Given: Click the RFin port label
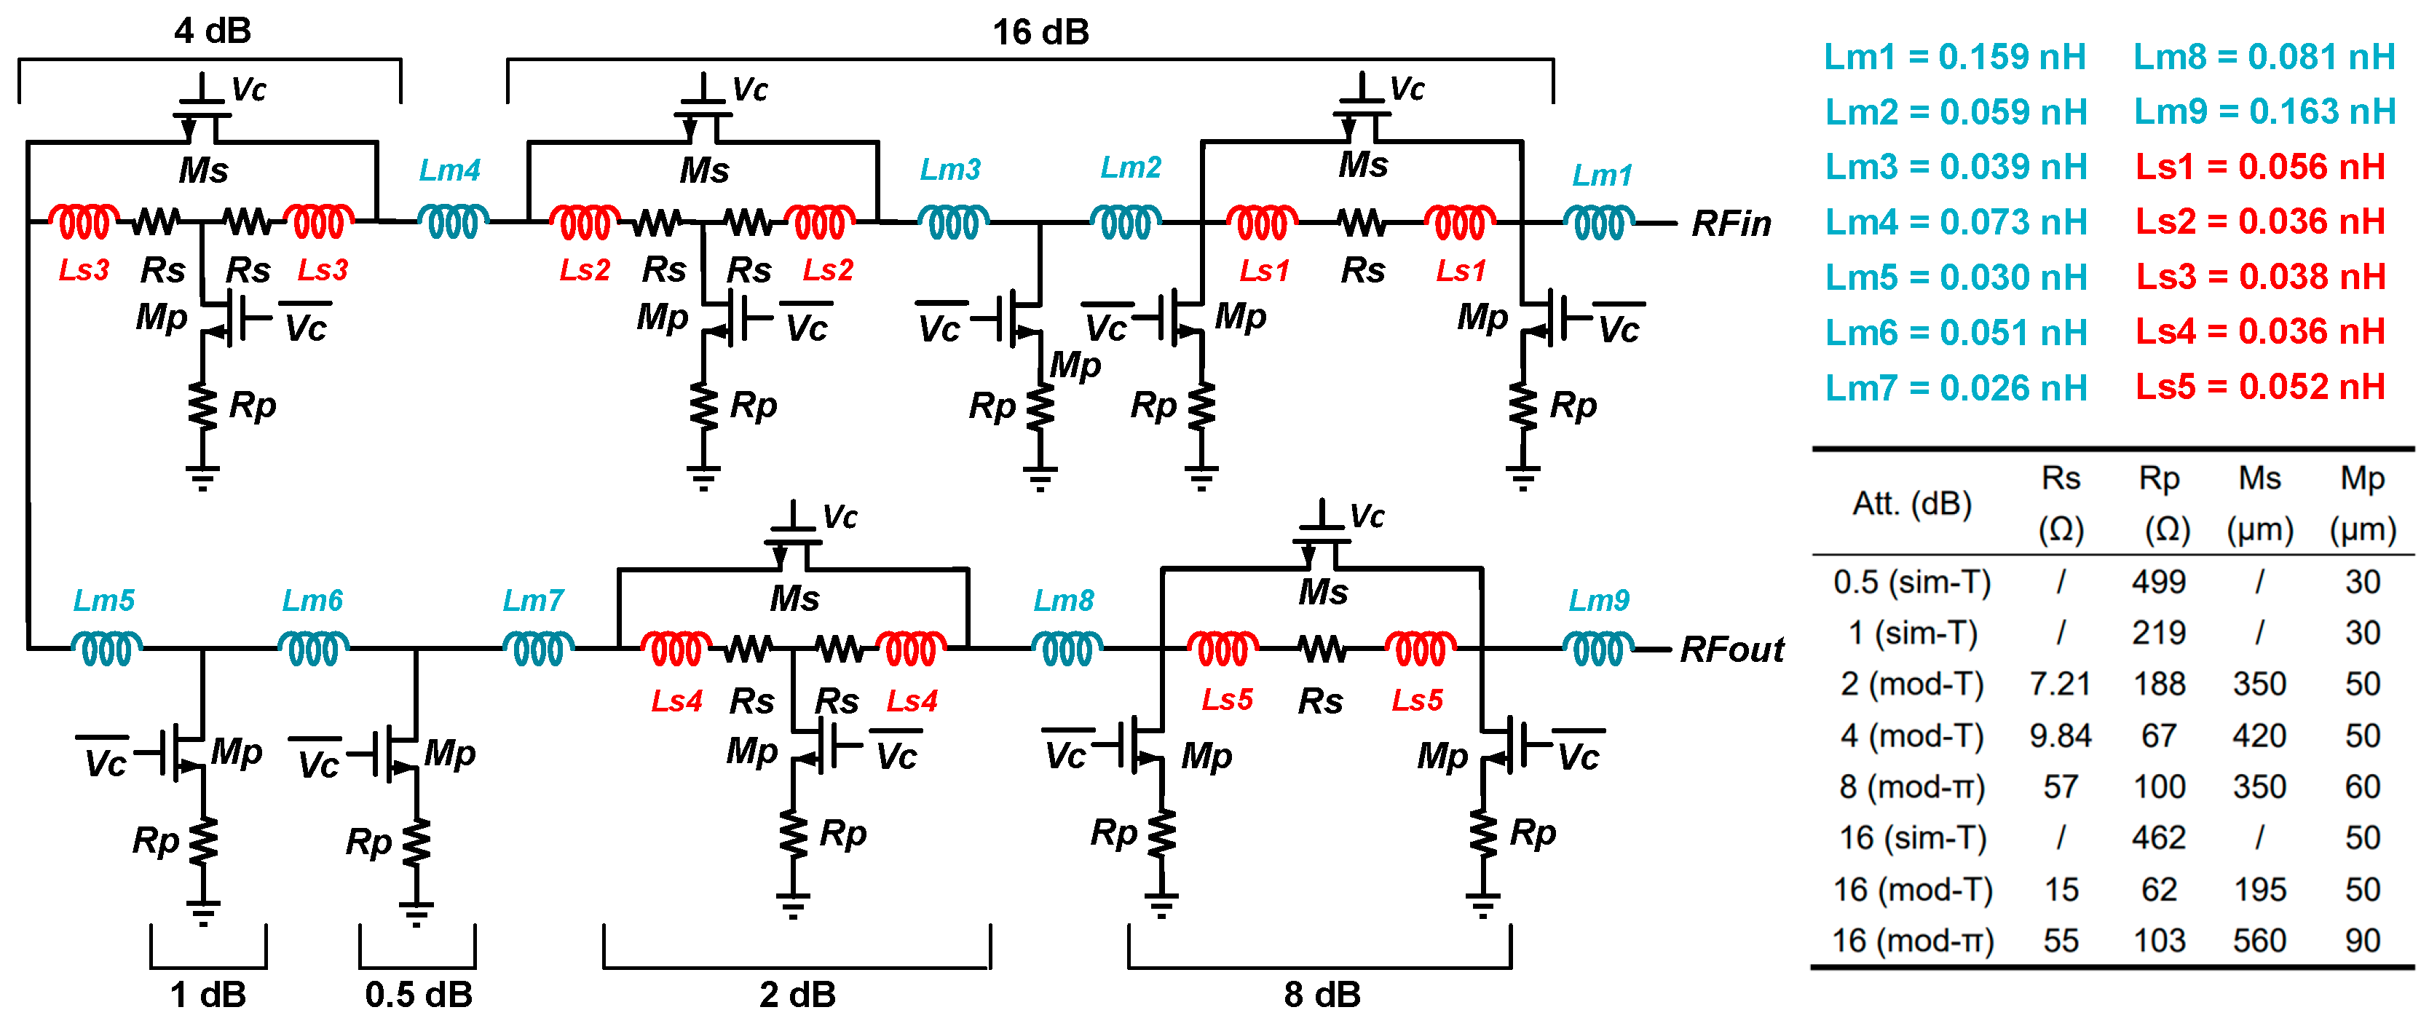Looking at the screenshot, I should pos(1731,224).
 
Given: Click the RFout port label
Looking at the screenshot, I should pos(1731,650).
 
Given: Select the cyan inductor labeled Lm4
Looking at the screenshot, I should pos(454,223).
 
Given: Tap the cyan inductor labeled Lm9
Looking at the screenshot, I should pos(1598,650).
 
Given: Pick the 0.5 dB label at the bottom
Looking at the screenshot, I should pos(419,994).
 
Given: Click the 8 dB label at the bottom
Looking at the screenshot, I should pos(1322,994).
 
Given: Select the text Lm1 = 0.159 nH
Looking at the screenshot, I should pos(1955,58).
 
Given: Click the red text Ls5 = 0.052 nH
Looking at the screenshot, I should pos(2259,387).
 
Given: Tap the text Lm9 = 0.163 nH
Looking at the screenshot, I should pos(2264,112).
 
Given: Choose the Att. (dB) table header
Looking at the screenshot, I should pos(1912,504).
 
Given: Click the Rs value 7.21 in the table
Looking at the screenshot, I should pos(2061,684).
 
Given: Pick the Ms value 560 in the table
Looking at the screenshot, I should pos(2259,940).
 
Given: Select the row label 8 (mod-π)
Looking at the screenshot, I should pos(1912,786).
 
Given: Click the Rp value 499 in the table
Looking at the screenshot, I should pos(2158,582).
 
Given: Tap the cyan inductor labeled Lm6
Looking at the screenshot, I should pos(314,650).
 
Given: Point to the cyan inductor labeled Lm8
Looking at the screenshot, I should pos(1067,650).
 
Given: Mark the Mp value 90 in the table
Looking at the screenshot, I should pos(2362,940).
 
